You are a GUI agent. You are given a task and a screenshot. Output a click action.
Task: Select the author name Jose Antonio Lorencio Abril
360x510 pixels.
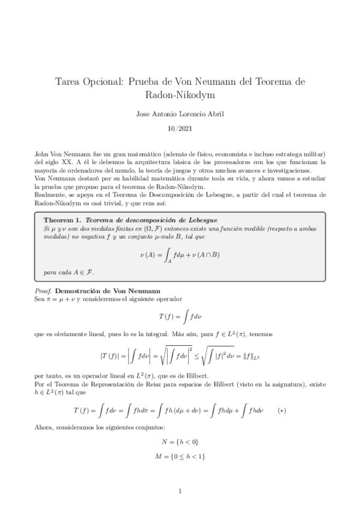tap(180, 112)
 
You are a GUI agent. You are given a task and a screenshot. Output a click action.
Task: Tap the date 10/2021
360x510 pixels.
tap(180, 127)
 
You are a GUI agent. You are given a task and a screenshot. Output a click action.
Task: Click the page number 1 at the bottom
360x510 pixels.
tap(180, 492)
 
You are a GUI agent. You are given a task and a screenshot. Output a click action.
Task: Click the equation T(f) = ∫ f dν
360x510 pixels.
tap(180, 314)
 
